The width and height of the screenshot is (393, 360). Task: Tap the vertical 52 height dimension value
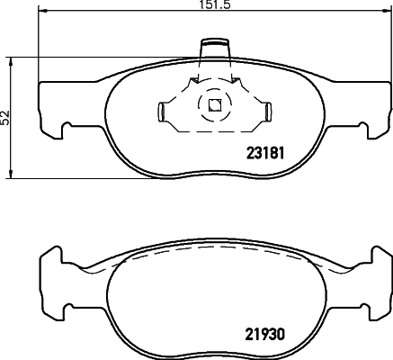pos(5,117)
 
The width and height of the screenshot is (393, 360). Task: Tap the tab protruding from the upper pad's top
pos(214,46)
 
